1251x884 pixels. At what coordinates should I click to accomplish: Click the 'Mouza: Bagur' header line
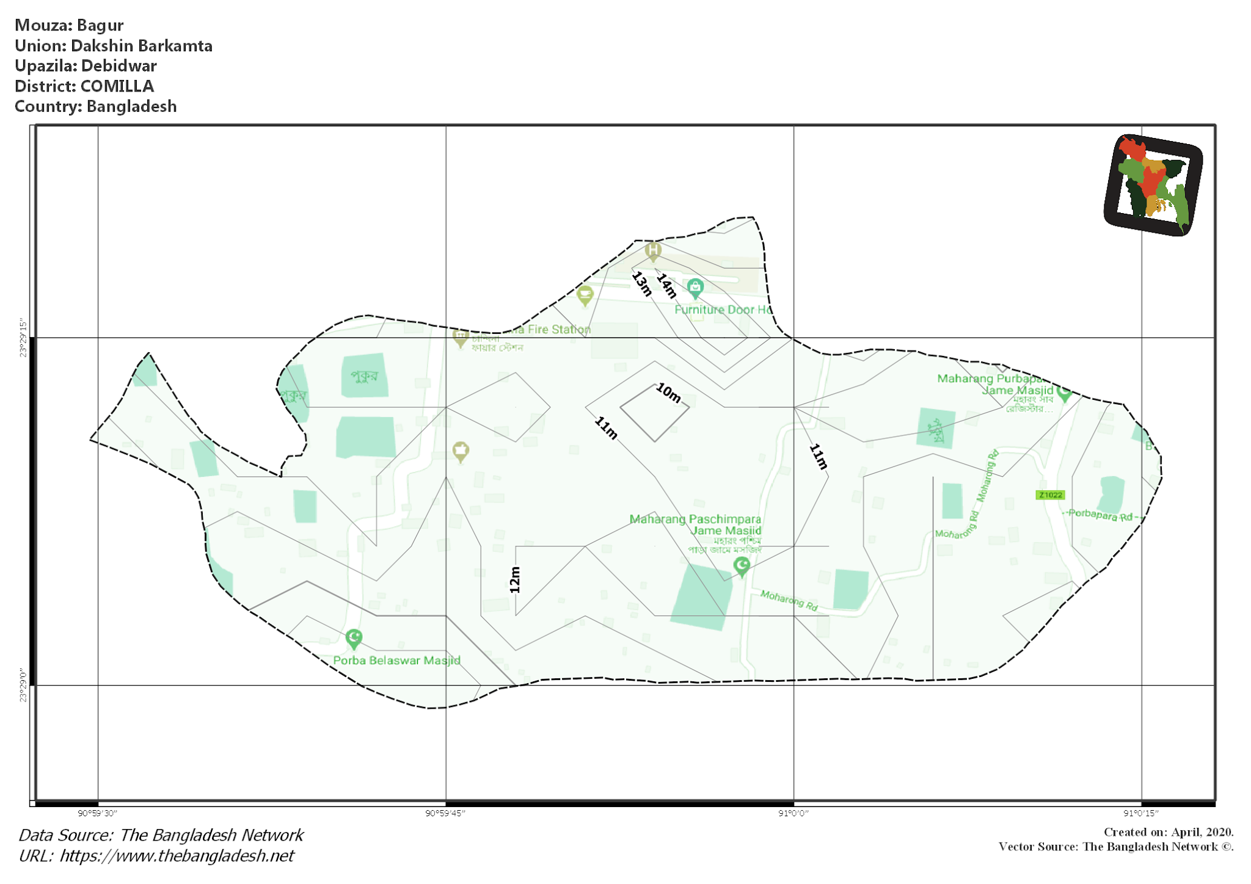point(69,25)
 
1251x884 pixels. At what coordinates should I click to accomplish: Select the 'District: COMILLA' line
point(84,86)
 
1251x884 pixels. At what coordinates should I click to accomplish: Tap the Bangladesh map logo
point(1153,184)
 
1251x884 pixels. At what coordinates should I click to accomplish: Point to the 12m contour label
point(515,580)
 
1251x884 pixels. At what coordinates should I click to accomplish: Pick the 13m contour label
point(642,284)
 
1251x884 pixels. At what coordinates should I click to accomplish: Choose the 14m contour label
point(666,286)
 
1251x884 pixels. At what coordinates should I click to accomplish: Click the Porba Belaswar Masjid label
point(396,661)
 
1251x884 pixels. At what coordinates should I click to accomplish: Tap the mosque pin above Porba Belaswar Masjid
point(354,639)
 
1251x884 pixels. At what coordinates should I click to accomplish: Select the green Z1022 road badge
point(1051,495)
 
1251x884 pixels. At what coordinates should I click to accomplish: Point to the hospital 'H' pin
point(653,250)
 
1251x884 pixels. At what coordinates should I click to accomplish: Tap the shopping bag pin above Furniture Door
point(695,288)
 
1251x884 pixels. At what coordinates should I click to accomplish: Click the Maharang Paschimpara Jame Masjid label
point(696,524)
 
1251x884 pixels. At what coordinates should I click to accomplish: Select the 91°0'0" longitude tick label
point(793,813)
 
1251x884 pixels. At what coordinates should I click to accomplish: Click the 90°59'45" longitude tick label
point(445,813)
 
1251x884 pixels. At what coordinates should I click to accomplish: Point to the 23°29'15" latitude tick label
point(23,337)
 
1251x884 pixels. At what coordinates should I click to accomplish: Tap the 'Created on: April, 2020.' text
point(1168,832)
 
